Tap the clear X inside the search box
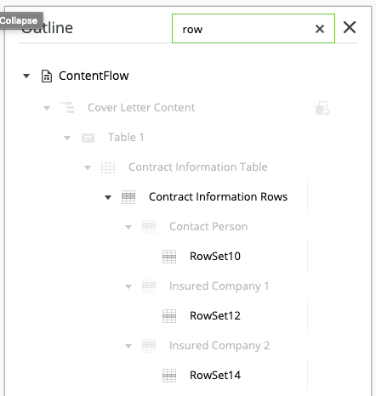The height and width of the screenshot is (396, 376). click(320, 29)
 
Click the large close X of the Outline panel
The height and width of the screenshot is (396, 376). click(350, 27)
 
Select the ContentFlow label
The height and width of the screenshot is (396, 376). click(94, 76)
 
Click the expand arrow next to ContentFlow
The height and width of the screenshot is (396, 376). click(26, 76)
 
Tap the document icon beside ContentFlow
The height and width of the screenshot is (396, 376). click(47, 76)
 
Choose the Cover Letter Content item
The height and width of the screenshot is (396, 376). click(141, 108)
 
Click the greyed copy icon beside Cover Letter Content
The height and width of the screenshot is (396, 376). click(322, 108)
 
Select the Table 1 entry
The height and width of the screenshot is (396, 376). click(126, 138)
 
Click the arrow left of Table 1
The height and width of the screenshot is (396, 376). click(67, 138)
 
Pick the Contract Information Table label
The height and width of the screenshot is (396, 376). click(198, 167)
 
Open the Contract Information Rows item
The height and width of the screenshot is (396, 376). click(218, 197)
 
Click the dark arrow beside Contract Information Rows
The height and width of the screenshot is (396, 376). click(108, 197)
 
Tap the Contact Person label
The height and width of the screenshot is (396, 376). click(208, 227)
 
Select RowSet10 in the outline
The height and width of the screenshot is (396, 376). click(215, 257)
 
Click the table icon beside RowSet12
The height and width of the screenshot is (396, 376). click(169, 316)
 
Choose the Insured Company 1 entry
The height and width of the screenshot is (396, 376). click(219, 286)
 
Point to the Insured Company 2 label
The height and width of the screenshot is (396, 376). click(219, 346)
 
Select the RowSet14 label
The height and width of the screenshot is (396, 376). click(215, 376)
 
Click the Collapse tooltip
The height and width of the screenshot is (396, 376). click(20, 20)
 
